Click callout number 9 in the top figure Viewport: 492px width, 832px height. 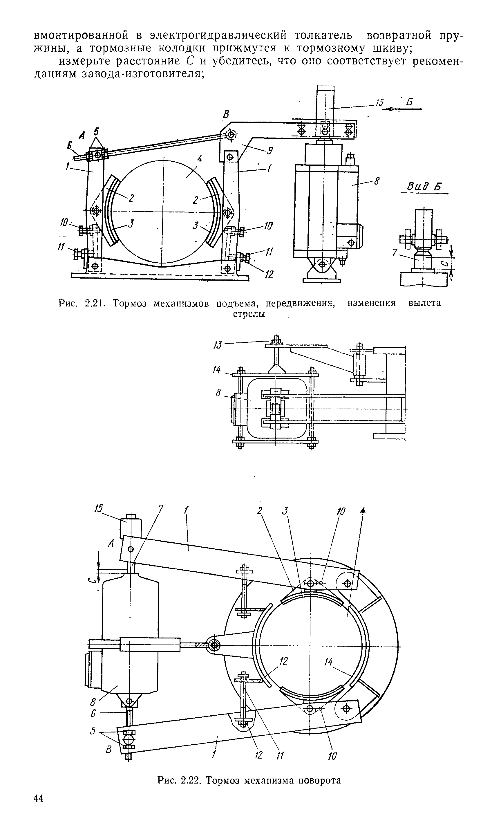pos(270,151)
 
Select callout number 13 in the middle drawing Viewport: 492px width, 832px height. pos(218,345)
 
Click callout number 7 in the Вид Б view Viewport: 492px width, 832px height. pos(395,253)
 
